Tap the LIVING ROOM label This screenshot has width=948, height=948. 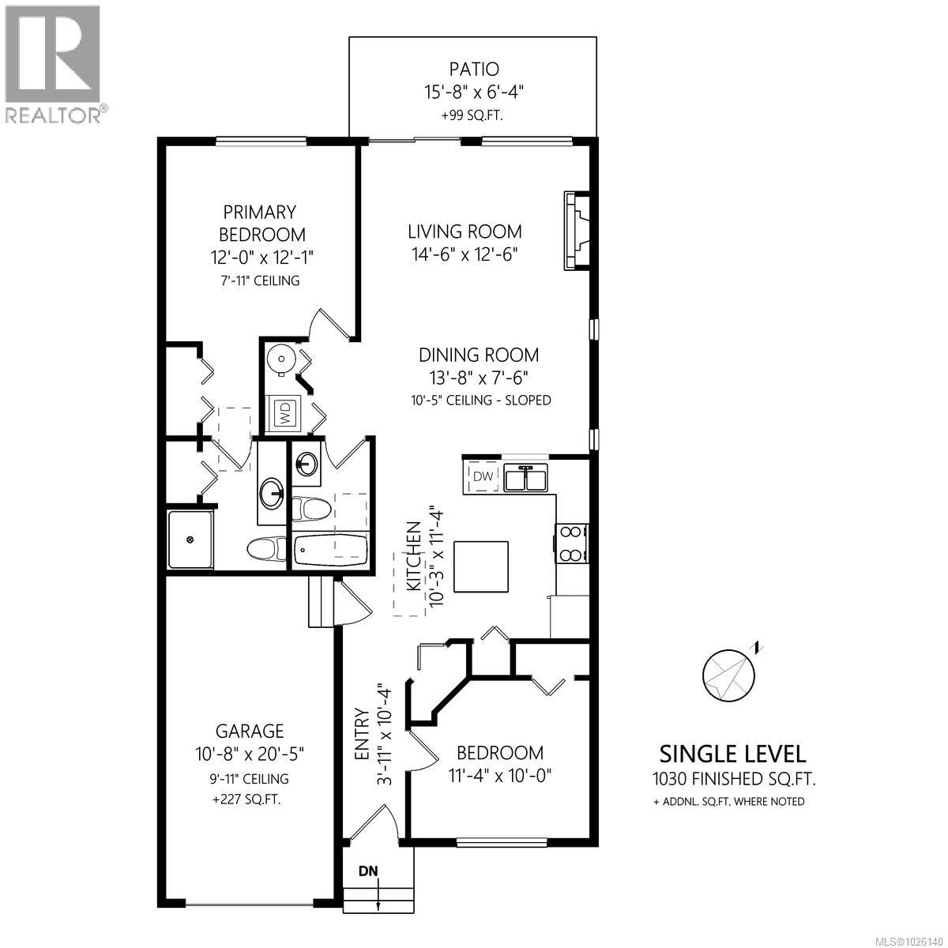tap(465, 231)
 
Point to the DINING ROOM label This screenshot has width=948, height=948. tap(480, 355)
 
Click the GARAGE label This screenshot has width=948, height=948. tap(250, 732)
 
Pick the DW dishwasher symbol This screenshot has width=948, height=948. tap(482, 476)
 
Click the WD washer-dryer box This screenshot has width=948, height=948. tap(282, 412)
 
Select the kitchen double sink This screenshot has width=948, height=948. tap(525, 478)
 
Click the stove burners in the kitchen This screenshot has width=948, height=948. tap(570, 542)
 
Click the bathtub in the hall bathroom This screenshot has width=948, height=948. tap(330, 550)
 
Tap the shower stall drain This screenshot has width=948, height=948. tap(190, 540)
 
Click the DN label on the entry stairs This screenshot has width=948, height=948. tap(369, 872)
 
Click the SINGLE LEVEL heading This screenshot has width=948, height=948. tap(732, 754)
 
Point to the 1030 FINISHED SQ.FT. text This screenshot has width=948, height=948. tap(733, 779)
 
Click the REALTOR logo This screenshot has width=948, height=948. tap(53, 63)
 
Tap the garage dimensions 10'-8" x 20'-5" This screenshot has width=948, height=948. tap(250, 754)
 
